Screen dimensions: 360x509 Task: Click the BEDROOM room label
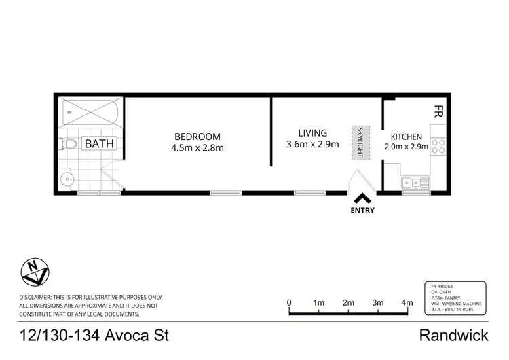point(197,135)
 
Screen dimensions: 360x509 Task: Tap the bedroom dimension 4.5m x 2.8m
point(197,147)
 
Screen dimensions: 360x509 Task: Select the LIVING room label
point(312,133)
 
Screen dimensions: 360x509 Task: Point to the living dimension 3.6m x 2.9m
point(312,145)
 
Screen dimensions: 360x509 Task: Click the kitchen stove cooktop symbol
point(438,146)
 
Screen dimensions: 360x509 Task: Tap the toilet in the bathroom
point(69,144)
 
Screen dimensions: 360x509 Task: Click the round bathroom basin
point(67,179)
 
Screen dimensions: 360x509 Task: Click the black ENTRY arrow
point(363,198)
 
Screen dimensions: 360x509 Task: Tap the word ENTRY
point(363,211)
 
